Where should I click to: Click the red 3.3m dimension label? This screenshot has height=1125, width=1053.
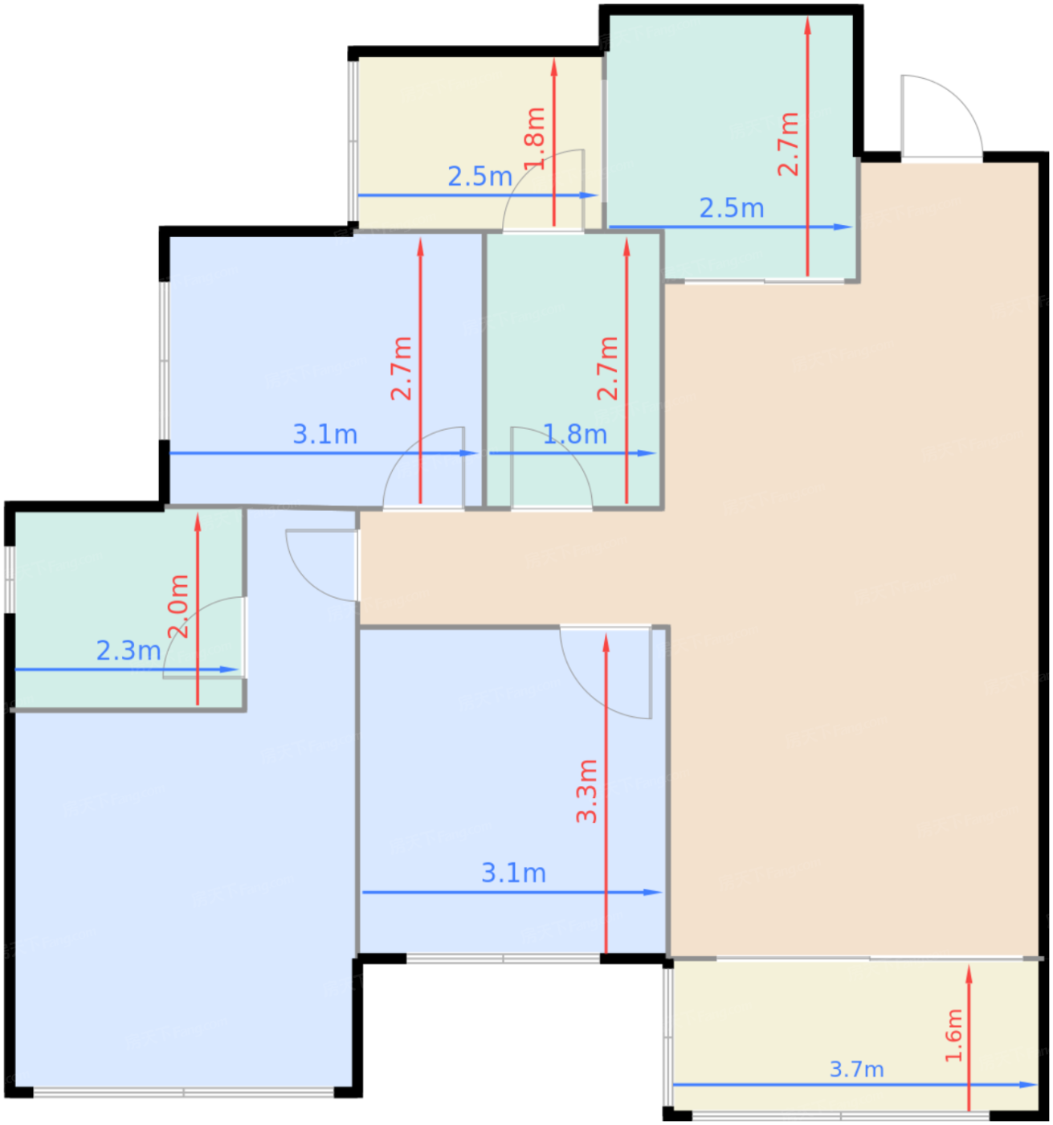[587, 792]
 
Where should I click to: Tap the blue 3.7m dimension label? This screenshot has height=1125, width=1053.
[856, 1069]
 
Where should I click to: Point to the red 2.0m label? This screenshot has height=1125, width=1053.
[178, 606]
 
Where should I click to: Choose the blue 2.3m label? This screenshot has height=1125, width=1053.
[129, 650]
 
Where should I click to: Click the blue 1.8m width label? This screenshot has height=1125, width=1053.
[575, 435]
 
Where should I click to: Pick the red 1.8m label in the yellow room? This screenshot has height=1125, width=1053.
[534, 139]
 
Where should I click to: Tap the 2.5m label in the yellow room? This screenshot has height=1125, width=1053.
[480, 176]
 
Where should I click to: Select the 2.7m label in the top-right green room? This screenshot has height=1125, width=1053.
[788, 144]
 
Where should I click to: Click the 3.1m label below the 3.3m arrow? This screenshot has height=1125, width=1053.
[514, 873]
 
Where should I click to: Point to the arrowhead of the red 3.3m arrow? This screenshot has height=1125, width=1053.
[606, 642]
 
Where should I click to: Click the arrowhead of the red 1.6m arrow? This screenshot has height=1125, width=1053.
[969, 974]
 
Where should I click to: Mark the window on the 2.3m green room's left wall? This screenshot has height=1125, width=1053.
[9, 579]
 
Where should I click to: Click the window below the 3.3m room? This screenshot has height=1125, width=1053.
[503, 959]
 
